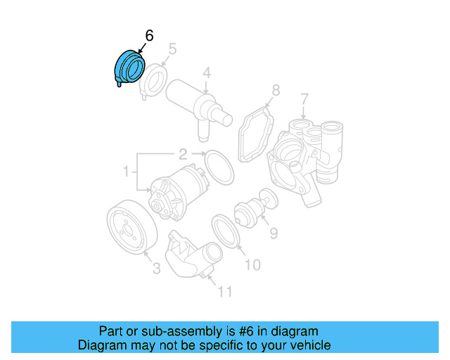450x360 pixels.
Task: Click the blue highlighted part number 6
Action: click(128, 68)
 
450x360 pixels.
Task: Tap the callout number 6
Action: click(149, 35)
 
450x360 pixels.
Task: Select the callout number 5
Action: click(172, 49)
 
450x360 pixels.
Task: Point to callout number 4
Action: click(207, 72)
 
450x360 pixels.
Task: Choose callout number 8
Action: click(276, 90)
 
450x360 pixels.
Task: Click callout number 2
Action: click(182, 153)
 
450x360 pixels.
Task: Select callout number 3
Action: click(156, 267)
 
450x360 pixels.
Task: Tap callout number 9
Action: click(273, 231)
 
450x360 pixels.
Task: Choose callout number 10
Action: click(252, 264)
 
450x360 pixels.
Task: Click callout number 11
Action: click(224, 290)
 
